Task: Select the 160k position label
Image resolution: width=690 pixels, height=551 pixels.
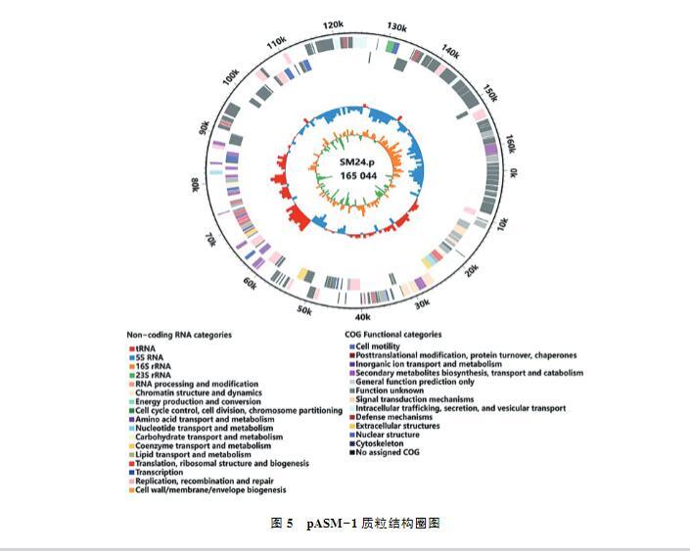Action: coord(508,145)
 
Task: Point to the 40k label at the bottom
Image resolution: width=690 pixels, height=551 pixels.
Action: coord(362,317)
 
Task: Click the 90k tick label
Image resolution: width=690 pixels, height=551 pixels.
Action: coord(204,128)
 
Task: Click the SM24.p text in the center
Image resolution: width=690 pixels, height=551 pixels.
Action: coord(358,161)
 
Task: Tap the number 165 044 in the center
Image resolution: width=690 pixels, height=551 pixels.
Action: coord(358,175)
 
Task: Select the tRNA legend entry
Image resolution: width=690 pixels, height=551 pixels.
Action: coord(145,348)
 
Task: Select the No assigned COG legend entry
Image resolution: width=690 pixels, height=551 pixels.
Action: coord(388,452)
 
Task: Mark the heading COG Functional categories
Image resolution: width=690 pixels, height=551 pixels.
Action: coord(392,335)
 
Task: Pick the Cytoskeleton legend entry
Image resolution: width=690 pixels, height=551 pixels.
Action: coord(378,443)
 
